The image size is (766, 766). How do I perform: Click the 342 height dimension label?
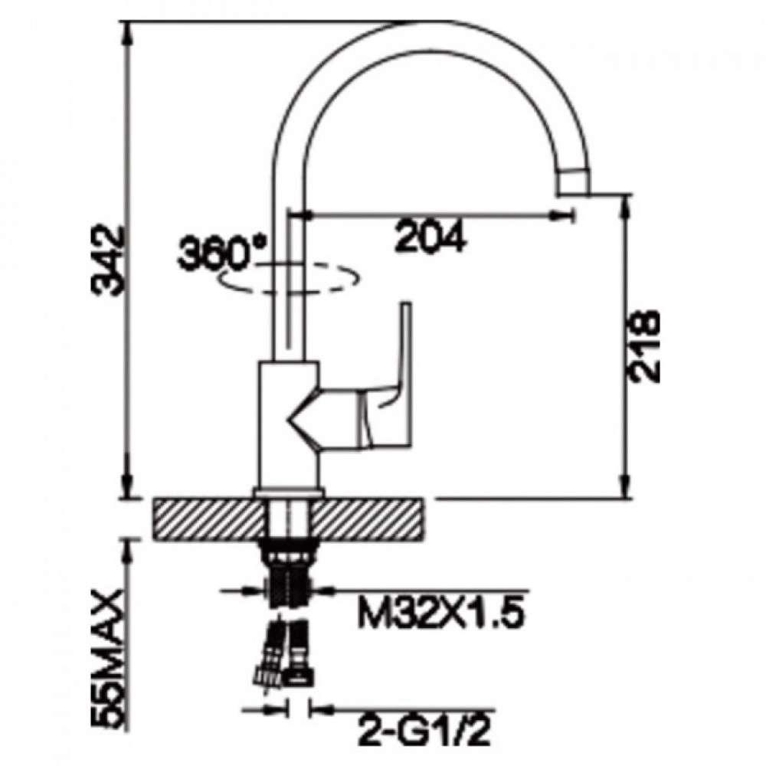[110, 260]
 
